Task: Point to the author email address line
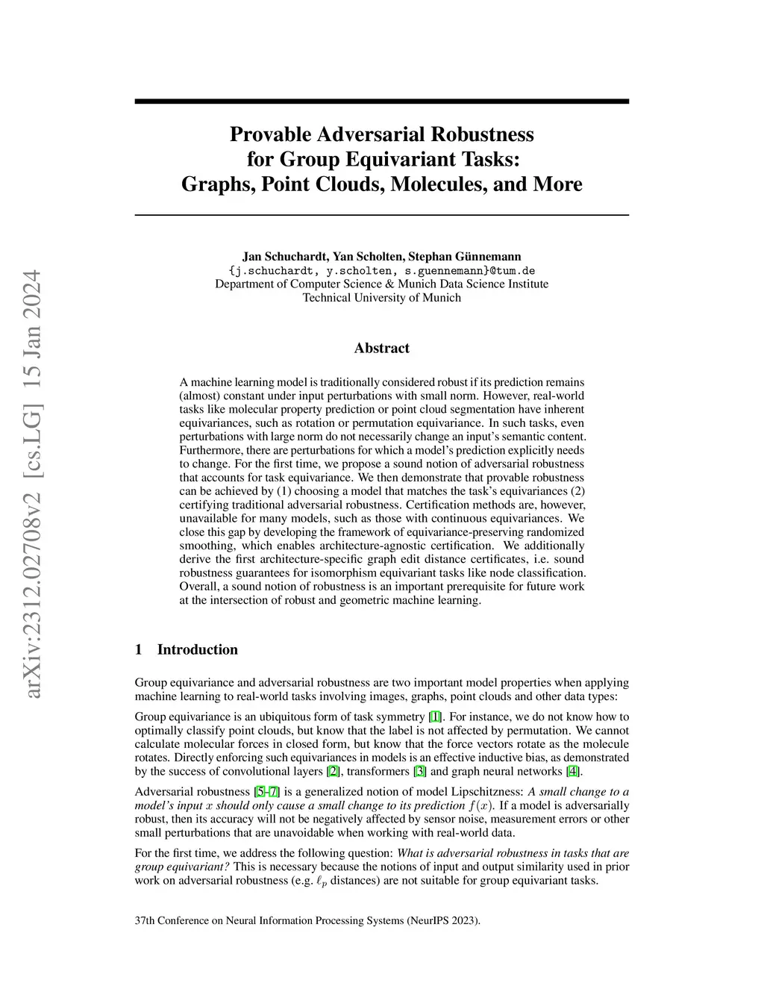tap(381, 270)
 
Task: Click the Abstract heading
tap(381, 348)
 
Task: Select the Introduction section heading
tap(197, 649)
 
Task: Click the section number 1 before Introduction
tap(139, 649)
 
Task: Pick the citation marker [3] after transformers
tap(420, 772)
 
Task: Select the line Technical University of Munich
tap(381, 298)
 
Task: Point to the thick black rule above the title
tap(381, 101)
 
